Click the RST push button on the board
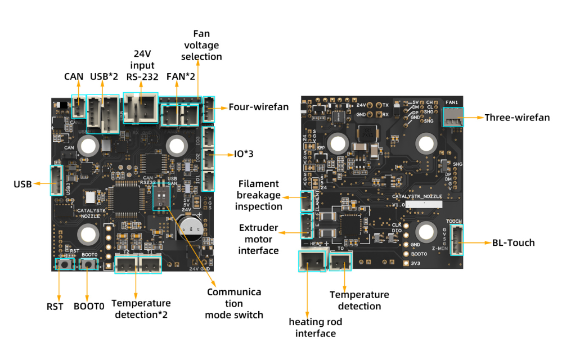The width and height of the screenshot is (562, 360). pos(69,263)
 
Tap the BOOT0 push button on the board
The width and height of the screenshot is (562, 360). pos(88,263)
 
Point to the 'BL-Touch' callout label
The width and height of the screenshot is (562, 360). pos(513,243)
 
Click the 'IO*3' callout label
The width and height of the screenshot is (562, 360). pos(244,152)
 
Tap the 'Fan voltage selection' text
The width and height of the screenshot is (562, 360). pos(201,45)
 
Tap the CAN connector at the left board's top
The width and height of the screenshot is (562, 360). pos(78,105)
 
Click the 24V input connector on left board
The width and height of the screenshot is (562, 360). pos(140,107)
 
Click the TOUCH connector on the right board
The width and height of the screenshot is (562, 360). pos(456,240)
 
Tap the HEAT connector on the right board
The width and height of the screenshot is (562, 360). pos(311,261)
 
